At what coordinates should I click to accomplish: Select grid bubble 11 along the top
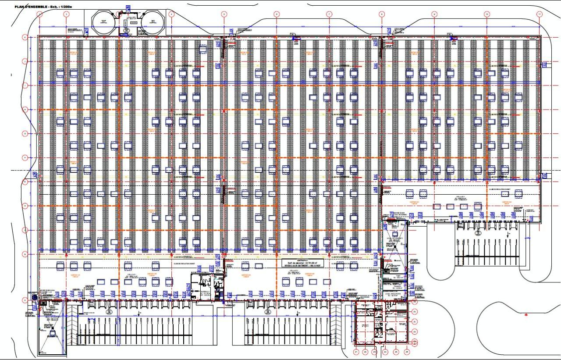540,14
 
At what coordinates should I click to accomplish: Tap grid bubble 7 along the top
329,14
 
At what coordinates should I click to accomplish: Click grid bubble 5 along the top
224,14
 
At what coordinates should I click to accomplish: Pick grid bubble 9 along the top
434,14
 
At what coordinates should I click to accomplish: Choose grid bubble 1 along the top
40,14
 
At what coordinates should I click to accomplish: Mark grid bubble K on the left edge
25,38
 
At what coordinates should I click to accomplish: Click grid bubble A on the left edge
25,300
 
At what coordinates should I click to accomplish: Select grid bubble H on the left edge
25,109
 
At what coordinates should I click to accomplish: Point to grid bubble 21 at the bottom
356,352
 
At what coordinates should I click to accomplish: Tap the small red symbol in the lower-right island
526,314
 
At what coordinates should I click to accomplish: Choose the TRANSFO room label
395,285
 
